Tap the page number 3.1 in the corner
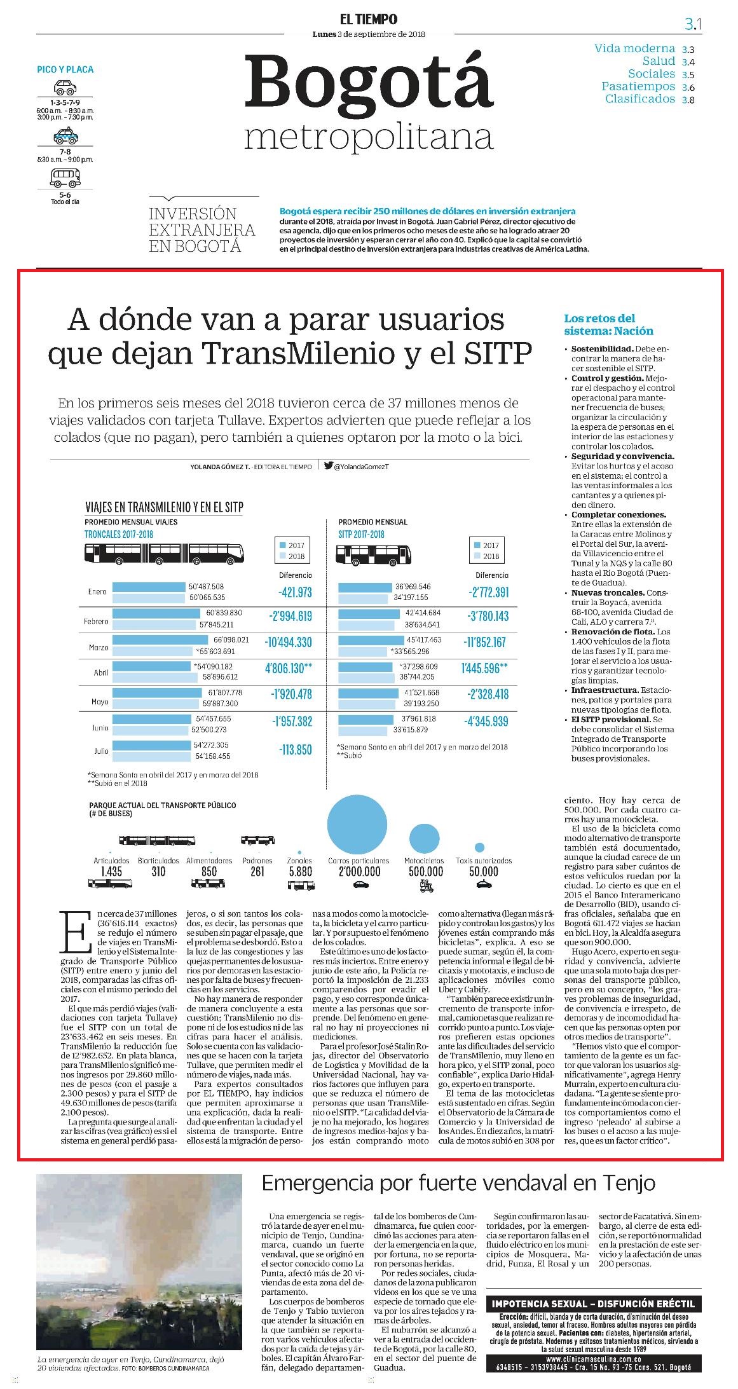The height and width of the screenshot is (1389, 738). click(x=692, y=24)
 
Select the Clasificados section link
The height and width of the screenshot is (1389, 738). click(x=640, y=99)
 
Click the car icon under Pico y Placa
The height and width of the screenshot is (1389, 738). click(x=65, y=87)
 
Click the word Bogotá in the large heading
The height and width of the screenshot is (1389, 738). click(x=369, y=83)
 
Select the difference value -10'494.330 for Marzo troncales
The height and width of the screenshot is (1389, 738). click(x=289, y=642)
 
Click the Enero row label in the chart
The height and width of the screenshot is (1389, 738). click(x=97, y=592)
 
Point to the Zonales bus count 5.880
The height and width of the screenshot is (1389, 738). click(x=300, y=872)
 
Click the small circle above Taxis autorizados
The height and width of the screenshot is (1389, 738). click(x=480, y=847)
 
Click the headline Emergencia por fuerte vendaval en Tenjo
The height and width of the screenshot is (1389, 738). click(x=458, y=1183)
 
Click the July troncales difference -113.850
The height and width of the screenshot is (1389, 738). click(x=295, y=750)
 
